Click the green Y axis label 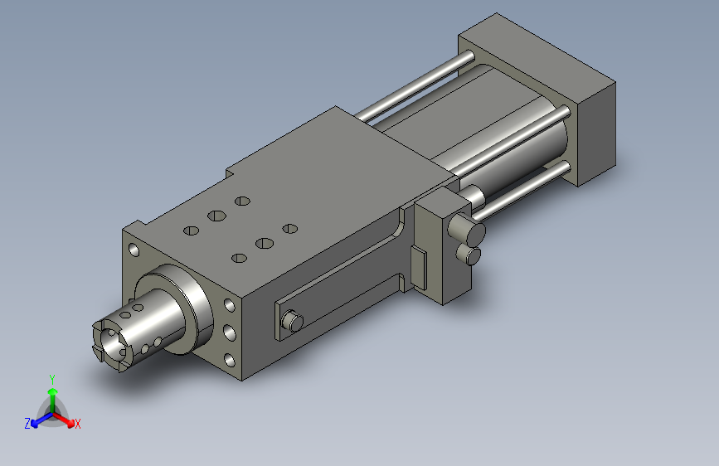click(x=52, y=380)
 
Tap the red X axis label click(x=77, y=424)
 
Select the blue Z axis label click(x=27, y=424)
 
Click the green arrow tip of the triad click(x=53, y=391)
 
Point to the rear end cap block click(x=537, y=99)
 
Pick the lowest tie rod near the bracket click(x=522, y=190)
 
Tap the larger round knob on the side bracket click(x=466, y=229)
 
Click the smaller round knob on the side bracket click(x=469, y=254)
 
